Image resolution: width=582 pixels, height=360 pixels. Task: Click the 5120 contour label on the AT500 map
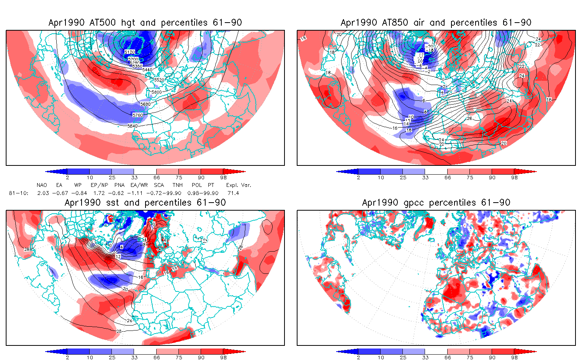(129, 52)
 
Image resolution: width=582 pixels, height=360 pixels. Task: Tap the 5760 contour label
(137, 115)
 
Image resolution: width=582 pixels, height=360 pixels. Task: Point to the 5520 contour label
(159, 80)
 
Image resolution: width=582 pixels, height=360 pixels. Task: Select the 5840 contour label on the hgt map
(132, 126)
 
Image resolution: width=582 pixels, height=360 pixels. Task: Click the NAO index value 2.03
(43, 193)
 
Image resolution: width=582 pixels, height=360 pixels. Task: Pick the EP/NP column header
(98, 185)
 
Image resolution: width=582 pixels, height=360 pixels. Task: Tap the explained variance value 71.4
(233, 193)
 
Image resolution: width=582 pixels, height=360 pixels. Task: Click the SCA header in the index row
(159, 185)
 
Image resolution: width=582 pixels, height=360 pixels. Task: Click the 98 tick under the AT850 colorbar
(514, 178)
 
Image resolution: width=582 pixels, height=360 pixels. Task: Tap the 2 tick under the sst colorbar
(67, 358)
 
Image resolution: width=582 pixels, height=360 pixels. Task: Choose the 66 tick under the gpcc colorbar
(448, 358)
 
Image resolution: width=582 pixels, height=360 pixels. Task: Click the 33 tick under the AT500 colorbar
(134, 178)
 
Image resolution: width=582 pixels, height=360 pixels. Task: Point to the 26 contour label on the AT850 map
(469, 118)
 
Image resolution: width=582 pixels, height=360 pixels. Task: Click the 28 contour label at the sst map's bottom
(118, 331)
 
